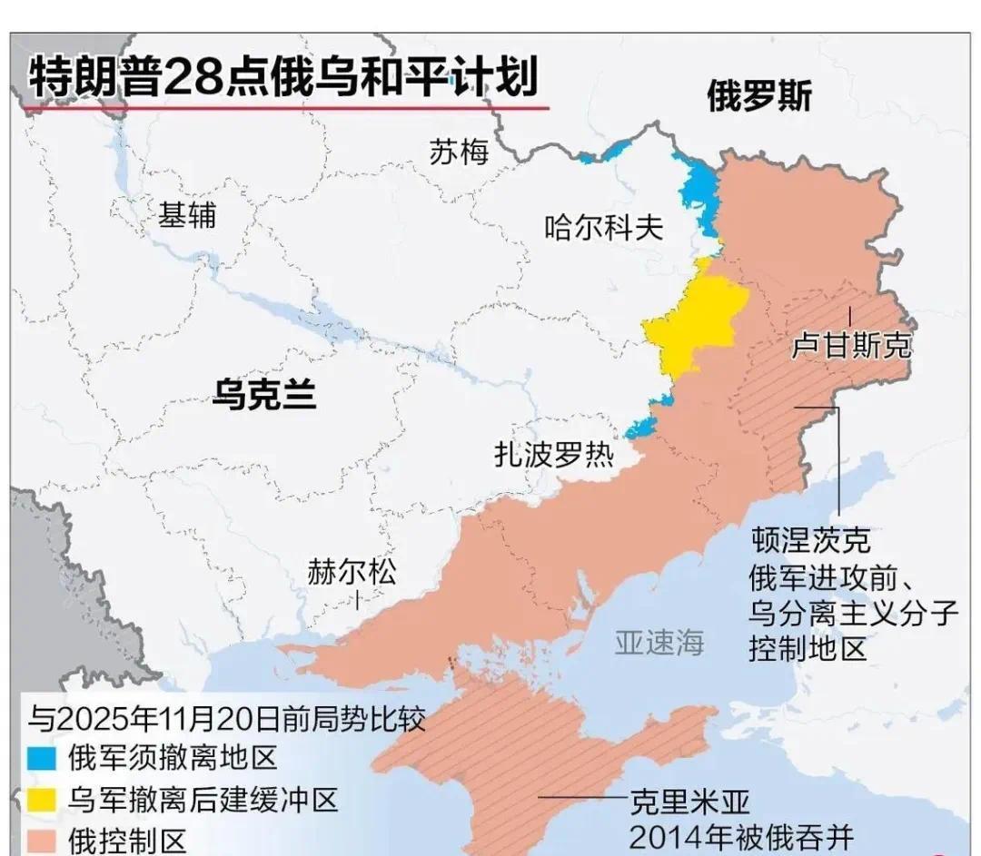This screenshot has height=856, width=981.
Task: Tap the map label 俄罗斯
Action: pyautogui.click(x=759, y=96)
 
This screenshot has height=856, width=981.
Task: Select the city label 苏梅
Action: pyautogui.click(x=459, y=152)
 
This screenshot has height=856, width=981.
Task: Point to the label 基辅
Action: pyautogui.click(x=187, y=215)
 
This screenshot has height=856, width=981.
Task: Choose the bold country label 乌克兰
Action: pyautogui.click(x=264, y=395)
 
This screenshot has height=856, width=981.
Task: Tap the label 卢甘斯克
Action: pyautogui.click(x=851, y=345)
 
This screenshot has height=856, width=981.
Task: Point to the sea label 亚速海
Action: pyautogui.click(x=659, y=643)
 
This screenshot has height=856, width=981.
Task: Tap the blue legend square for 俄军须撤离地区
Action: pyautogui.click(x=43, y=758)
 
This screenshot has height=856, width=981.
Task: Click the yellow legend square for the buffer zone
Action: pyautogui.click(x=43, y=800)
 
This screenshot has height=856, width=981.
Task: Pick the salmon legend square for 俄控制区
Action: pyautogui.click(x=43, y=841)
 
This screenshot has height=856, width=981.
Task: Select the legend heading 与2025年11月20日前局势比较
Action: pyautogui.click(x=227, y=719)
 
